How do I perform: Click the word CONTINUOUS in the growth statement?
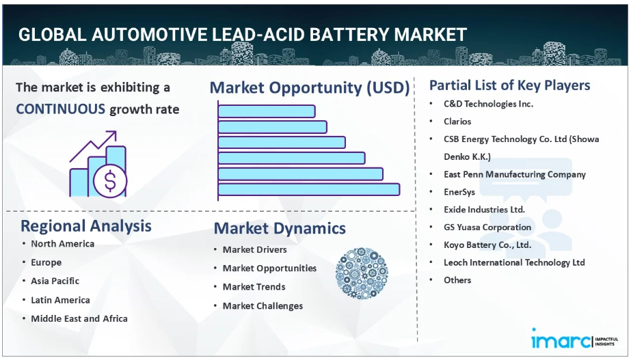click(61, 109)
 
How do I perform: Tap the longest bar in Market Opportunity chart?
click(309, 189)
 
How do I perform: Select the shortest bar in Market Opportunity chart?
click(267, 111)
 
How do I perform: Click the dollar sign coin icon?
click(109, 180)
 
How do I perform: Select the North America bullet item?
click(63, 244)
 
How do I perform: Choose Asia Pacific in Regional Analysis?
click(55, 281)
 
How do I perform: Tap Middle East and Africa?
click(79, 318)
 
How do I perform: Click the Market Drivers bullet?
click(255, 250)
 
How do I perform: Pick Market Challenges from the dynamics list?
click(263, 306)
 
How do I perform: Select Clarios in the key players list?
click(457, 122)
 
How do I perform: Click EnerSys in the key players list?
click(459, 192)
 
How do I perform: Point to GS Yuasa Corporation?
click(487, 227)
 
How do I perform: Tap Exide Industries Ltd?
click(484, 210)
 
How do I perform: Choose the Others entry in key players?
click(457, 280)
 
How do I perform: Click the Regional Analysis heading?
click(86, 226)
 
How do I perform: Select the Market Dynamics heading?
click(280, 228)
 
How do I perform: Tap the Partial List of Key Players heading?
click(509, 85)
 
